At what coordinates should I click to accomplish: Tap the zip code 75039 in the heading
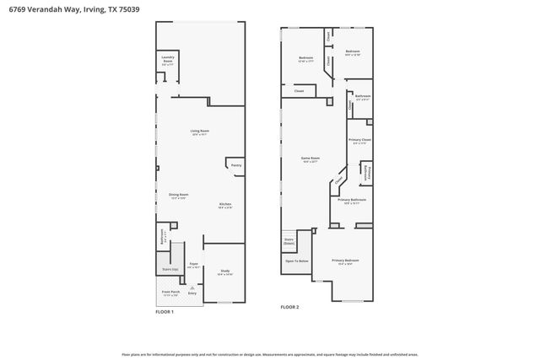pos(129,8)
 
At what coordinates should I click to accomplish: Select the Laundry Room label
pos(168,60)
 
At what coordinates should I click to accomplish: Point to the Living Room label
pos(199,131)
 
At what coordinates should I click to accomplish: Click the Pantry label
pos(236,165)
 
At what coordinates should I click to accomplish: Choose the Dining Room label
pos(178,195)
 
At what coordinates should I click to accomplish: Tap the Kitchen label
pos(225,204)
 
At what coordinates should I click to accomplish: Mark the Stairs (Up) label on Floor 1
pos(170,269)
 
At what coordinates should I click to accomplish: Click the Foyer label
pos(192,264)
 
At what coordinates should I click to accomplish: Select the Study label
pos(224,271)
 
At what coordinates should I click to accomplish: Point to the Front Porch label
pos(170,292)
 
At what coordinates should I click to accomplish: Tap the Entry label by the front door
pos(192,293)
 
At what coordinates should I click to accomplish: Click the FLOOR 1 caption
pos(165,312)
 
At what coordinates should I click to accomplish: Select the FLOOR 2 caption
pos(290,307)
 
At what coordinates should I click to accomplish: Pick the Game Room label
pos(311,158)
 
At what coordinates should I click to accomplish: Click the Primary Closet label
pos(360,140)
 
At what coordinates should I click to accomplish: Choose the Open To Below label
pos(297,261)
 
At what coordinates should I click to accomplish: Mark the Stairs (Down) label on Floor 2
pos(289,241)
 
